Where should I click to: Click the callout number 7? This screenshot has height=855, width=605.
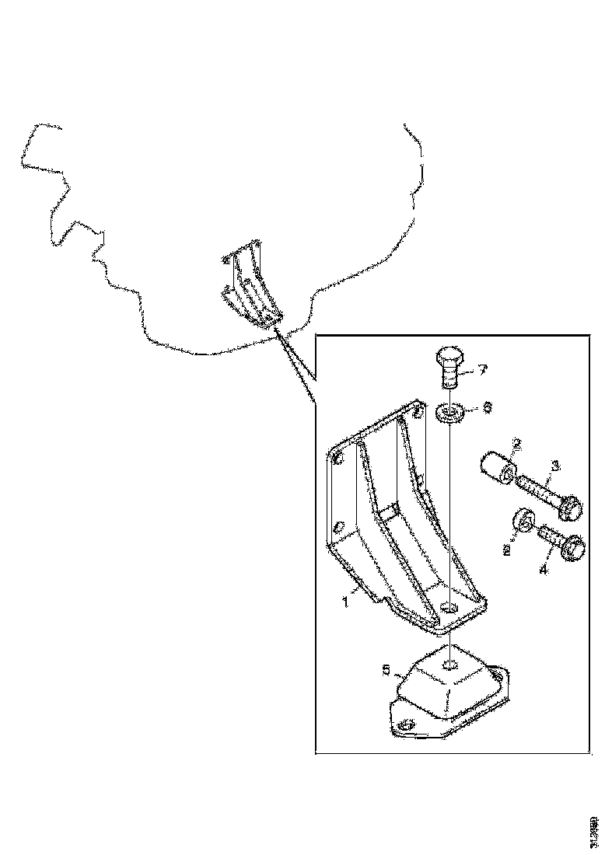tap(481, 370)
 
